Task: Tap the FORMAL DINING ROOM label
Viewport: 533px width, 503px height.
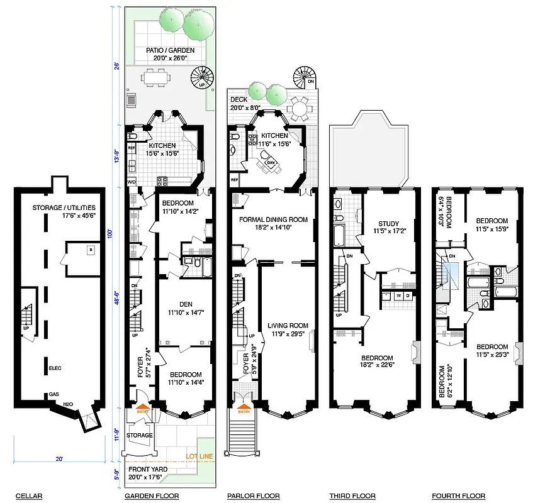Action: (x=272, y=219)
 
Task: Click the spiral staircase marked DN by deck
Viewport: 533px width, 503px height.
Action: (x=303, y=79)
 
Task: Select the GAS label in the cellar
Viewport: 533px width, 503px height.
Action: (x=55, y=395)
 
